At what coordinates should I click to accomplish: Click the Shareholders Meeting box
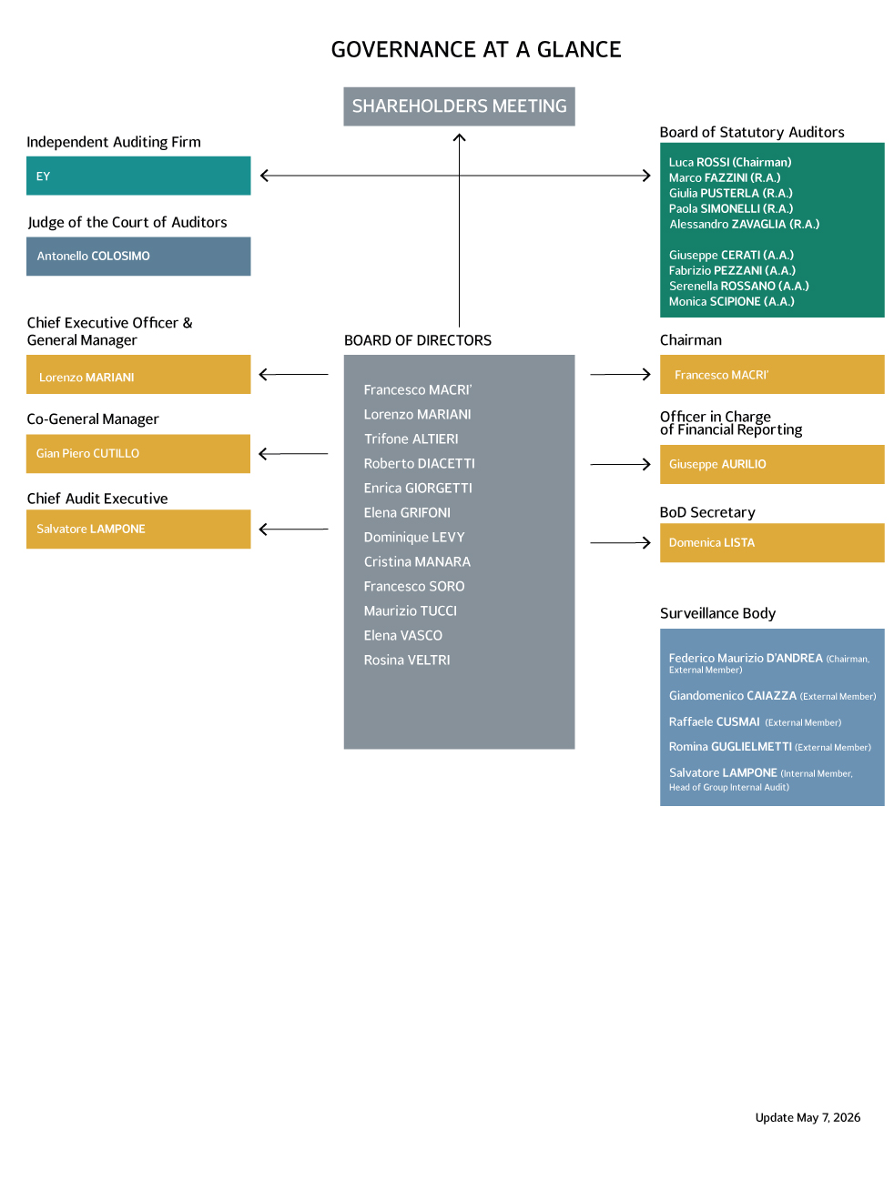[459, 106]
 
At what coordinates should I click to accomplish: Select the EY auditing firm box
[138, 176]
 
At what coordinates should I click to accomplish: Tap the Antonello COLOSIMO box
[138, 257]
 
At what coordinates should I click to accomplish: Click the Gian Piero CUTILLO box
[138, 454]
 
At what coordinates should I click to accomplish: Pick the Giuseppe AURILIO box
[772, 465]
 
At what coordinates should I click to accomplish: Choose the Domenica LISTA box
[772, 543]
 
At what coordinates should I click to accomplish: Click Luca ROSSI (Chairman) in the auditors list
[730, 162]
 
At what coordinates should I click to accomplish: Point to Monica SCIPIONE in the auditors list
[732, 301]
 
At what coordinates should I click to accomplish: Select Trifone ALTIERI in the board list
[411, 439]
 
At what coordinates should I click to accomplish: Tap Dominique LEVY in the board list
[413, 538]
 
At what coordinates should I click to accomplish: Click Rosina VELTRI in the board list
[407, 661]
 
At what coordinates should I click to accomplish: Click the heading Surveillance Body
[717, 613]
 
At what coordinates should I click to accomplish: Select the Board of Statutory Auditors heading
[752, 132]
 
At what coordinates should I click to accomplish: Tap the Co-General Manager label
[93, 419]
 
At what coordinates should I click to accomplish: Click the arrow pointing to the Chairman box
[620, 374]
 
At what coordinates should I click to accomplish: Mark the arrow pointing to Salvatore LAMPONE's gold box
[294, 529]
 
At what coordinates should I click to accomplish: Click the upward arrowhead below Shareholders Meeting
[459, 137]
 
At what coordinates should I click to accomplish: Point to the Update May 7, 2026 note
[808, 1117]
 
